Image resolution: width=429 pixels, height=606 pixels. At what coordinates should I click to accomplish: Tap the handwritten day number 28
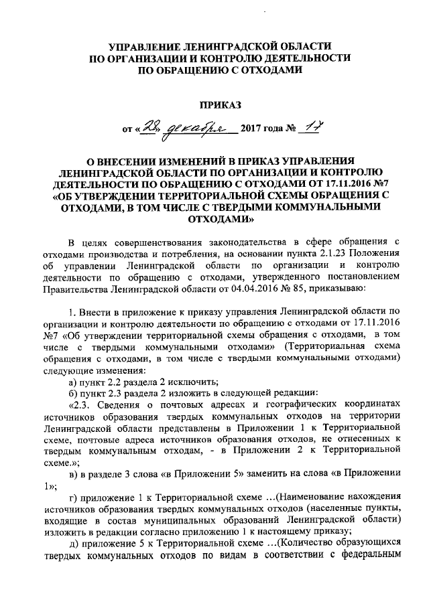pyautogui.click(x=147, y=128)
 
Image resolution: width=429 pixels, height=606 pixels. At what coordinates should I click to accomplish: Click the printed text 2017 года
pyautogui.click(x=263, y=130)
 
